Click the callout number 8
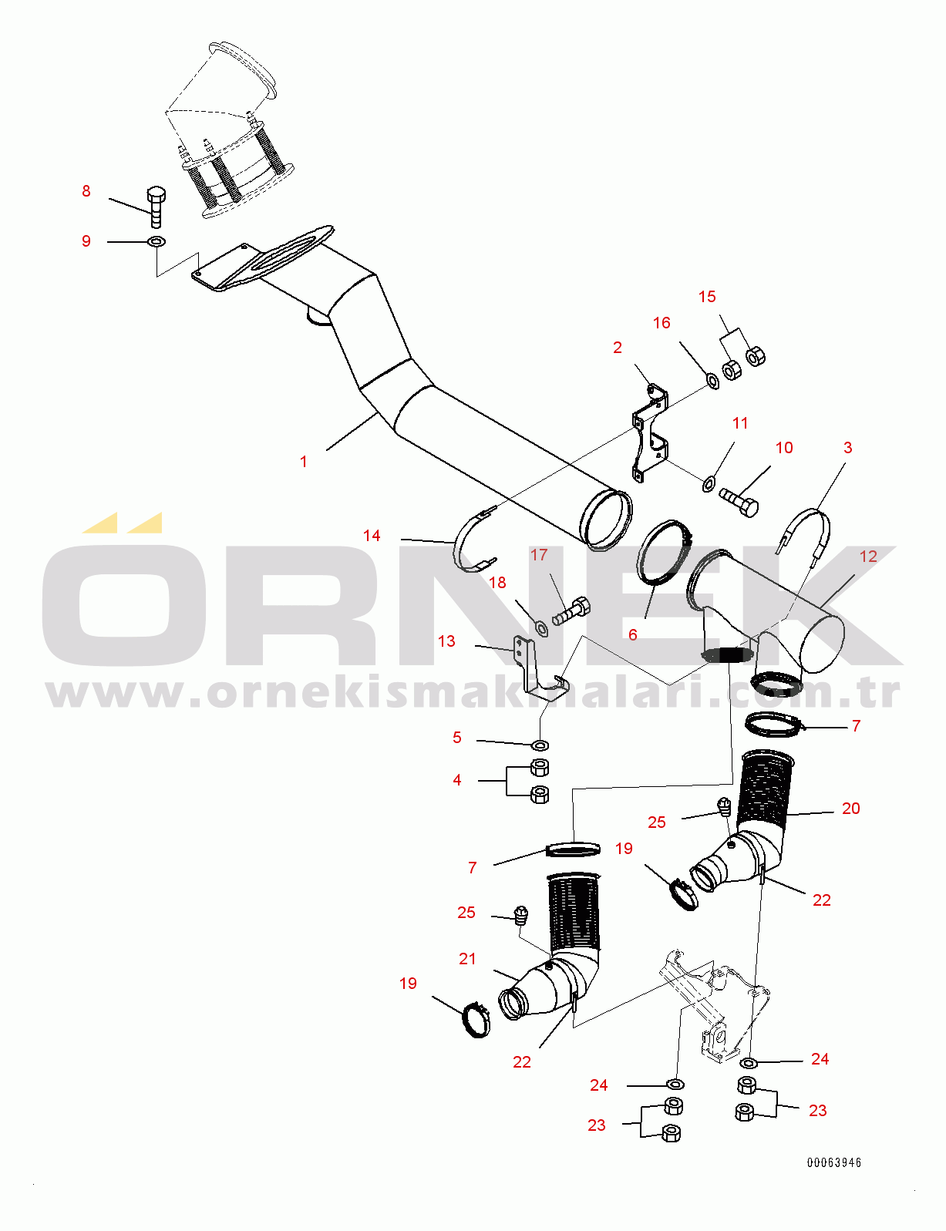pos(86,191)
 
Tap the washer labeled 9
pos(157,242)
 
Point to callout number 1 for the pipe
pos(304,462)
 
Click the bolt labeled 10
pos(739,501)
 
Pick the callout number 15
pos(707,297)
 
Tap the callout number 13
pos(446,641)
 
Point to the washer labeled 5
pos(540,745)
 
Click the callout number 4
pos(457,780)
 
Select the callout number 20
pos(850,809)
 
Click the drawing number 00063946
pos(834,1162)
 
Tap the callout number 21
pos(468,959)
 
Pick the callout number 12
pos(868,557)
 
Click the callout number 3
pos(848,448)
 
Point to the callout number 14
pos(372,536)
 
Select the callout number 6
pos(633,634)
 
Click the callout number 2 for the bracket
pos(618,348)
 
